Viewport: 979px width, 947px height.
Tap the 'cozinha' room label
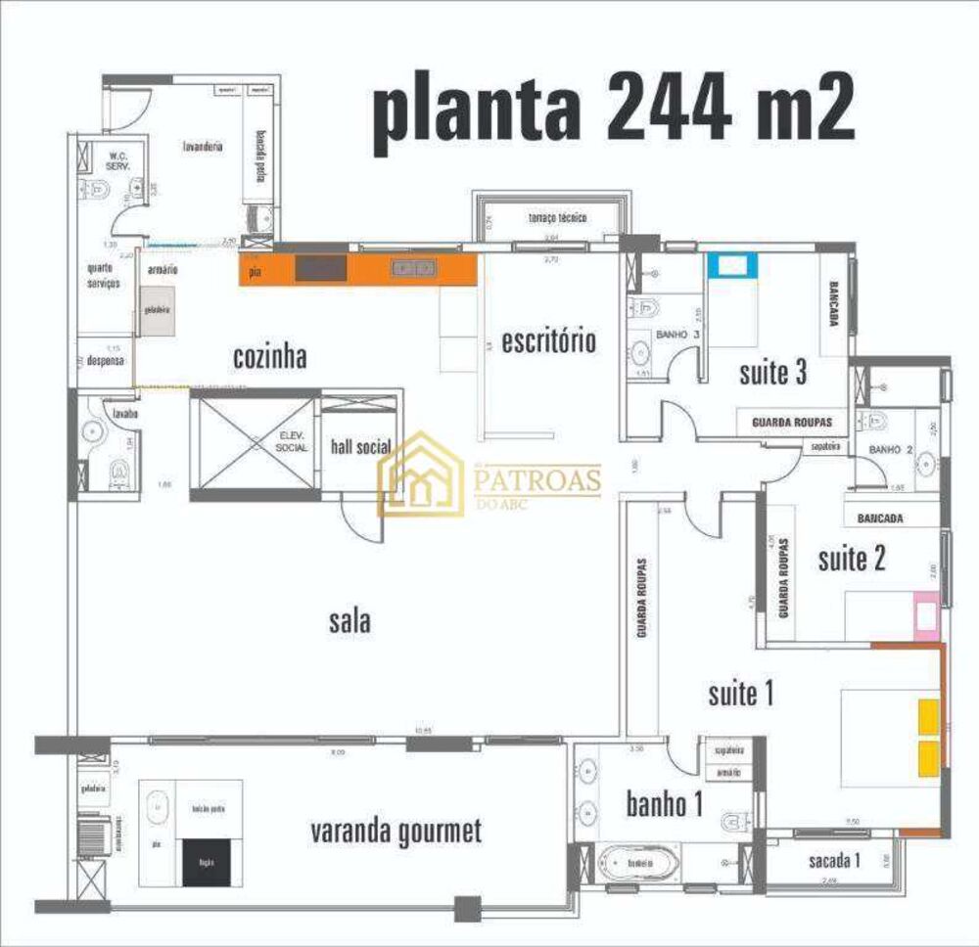pyautogui.click(x=270, y=357)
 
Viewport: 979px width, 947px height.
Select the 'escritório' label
pyautogui.click(x=548, y=341)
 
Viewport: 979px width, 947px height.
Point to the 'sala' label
pyautogui.click(x=350, y=620)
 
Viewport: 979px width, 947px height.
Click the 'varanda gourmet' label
pyautogui.click(x=396, y=833)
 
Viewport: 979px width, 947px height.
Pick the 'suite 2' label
pyautogui.click(x=852, y=559)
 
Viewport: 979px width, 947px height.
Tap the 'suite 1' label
pyautogui.click(x=741, y=694)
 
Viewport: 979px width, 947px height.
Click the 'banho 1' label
pyautogui.click(x=665, y=804)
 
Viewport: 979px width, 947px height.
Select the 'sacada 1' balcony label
pyautogui.click(x=835, y=861)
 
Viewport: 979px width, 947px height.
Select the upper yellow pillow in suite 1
pyautogui.click(x=926, y=716)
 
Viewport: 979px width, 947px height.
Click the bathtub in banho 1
pyautogui.click(x=639, y=865)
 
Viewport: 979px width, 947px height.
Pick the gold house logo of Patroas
pyautogui.click(x=421, y=474)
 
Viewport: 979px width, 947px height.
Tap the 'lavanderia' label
pyautogui.click(x=203, y=146)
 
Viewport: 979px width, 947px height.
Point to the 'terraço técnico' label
pyautogui.click(x=557, y=217)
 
